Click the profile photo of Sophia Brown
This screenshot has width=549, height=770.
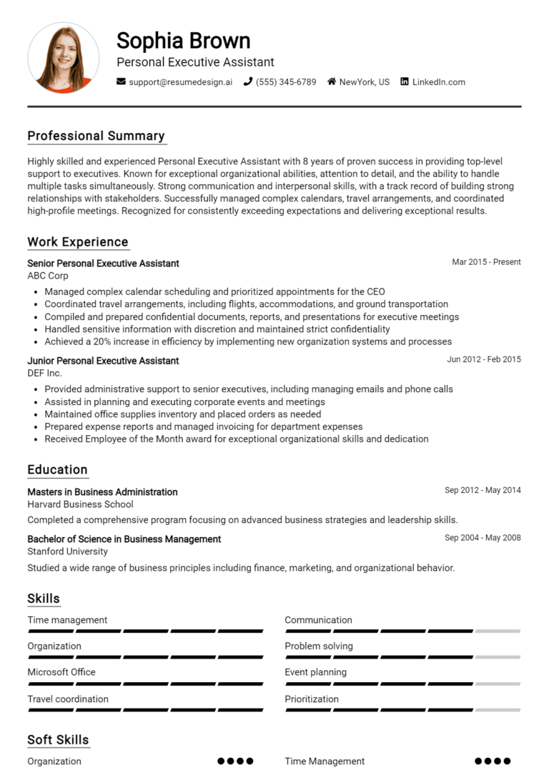(x=63, y=57)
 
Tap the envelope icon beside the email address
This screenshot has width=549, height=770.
(x=121, y=82)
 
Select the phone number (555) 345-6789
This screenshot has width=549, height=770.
(x=286, y=82)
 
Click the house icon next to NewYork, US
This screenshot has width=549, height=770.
(x=332, y=82)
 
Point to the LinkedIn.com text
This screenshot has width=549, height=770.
(x=438, y=82)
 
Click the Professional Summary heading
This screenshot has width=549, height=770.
(x=96, y=136)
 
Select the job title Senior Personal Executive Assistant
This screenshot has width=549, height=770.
(x=103, y=264)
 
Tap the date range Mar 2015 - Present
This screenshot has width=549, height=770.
(x=486, y=262)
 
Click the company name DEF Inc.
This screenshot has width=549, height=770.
(x=44, y=373)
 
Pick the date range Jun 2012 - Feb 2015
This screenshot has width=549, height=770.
(x=484, y=359)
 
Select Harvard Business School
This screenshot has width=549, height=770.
(x=80, y=504)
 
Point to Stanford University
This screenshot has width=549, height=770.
(x=67, y=551)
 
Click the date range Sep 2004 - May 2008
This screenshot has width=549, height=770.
(x=483, y=538)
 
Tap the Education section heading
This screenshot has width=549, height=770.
(x=57, y=470)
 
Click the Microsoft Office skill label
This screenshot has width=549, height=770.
(x=61, y=672)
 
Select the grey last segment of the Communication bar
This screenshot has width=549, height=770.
(x=498, y=631)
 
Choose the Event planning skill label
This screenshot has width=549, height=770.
(x=315, y=672)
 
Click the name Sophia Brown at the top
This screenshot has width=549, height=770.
(x=183, y=40)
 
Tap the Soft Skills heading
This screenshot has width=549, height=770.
(x=58, y=740)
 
